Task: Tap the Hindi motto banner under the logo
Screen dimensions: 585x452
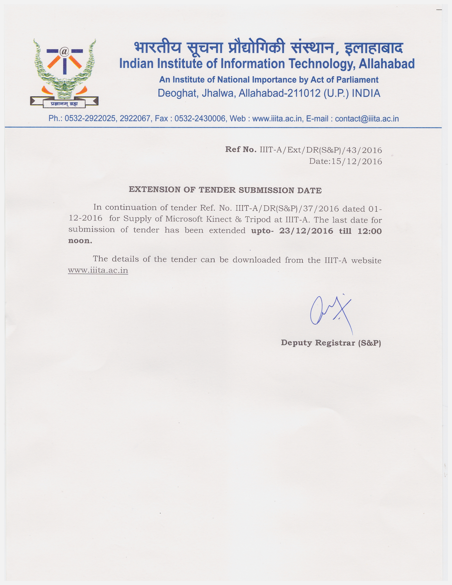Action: click(x=64, y=104)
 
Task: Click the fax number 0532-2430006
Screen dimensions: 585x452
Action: click(x=200, y=118)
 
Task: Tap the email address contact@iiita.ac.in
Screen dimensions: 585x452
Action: click(x=367, y=118)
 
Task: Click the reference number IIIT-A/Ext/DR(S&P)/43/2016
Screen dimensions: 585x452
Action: click(x=320, y=150)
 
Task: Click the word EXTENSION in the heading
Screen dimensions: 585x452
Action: click(x=155, y=190)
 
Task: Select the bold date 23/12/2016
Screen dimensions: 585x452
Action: click(x=306, y=231)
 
